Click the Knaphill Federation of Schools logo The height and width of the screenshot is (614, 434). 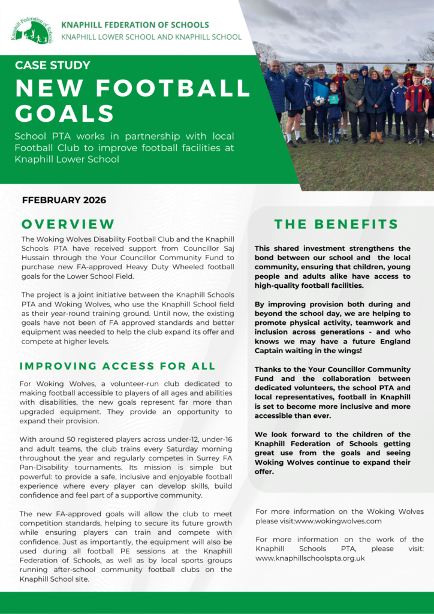pyautogui.click(x=31, y=30)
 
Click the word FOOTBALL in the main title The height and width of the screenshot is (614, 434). pyautogui.click(x=165, y=88)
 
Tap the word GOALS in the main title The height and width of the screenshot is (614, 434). pyautogui.click(x=65, y=113)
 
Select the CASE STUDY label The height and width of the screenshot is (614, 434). pyautogui.click(x=53, y=65)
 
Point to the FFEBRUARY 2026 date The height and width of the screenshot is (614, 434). pyautogui.click(x=64, y=200)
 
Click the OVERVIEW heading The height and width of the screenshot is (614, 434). pyautogui.click(x=68, y=224)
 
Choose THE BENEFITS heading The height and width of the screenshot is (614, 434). pyautogui.click(x=336, y=224)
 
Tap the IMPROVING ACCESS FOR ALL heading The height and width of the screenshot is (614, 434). pyautogui.click(x=117, y=366)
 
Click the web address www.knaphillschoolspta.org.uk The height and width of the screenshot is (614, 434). pyautogui.click(x=310, y=558)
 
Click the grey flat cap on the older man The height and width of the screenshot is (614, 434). pyautogui.click(x=354, y=71)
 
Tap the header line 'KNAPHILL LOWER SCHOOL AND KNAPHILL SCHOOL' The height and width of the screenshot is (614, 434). pyautogui.click(x=155, y=37)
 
